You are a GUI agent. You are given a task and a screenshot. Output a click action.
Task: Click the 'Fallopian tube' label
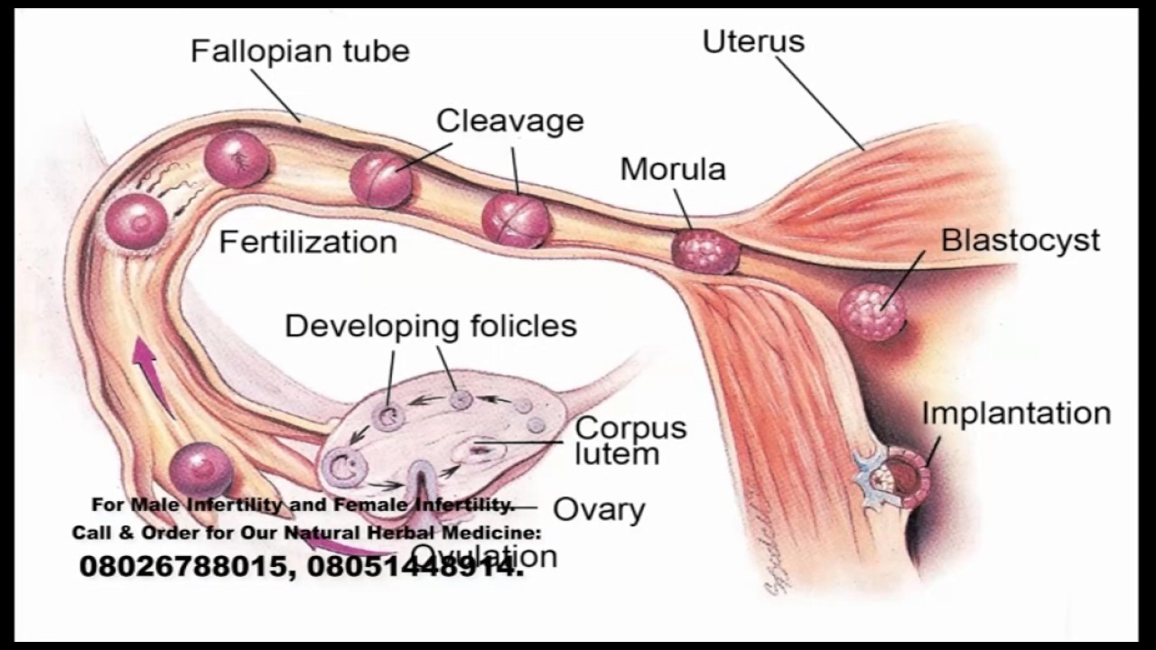tap(300, 51)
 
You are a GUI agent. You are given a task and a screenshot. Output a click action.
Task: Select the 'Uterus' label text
tap(753, 42)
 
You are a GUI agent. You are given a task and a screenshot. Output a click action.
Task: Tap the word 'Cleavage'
tap(509, 120)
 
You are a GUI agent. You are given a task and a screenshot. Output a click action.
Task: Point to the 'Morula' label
tap(673, 169)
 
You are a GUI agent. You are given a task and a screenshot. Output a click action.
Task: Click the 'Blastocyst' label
tap(1021, 240)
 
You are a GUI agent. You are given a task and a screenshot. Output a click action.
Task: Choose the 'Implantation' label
tap(1015, 413)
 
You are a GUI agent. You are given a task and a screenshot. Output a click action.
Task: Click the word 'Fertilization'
tap(308, 242)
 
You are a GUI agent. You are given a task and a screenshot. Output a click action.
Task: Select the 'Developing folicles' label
tap(431, 325)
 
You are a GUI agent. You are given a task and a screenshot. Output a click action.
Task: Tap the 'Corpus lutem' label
tap(630, 440)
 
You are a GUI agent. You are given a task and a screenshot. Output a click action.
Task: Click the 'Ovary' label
tap(599, 509)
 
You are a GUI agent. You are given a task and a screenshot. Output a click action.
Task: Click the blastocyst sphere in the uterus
tap(872, 312)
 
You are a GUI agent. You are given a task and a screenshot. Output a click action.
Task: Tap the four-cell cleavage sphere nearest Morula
tap(516, 220)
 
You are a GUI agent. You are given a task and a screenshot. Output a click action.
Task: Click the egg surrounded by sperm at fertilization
tap(136, 222)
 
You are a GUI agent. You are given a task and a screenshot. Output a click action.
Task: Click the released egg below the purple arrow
tap(200, 469)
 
